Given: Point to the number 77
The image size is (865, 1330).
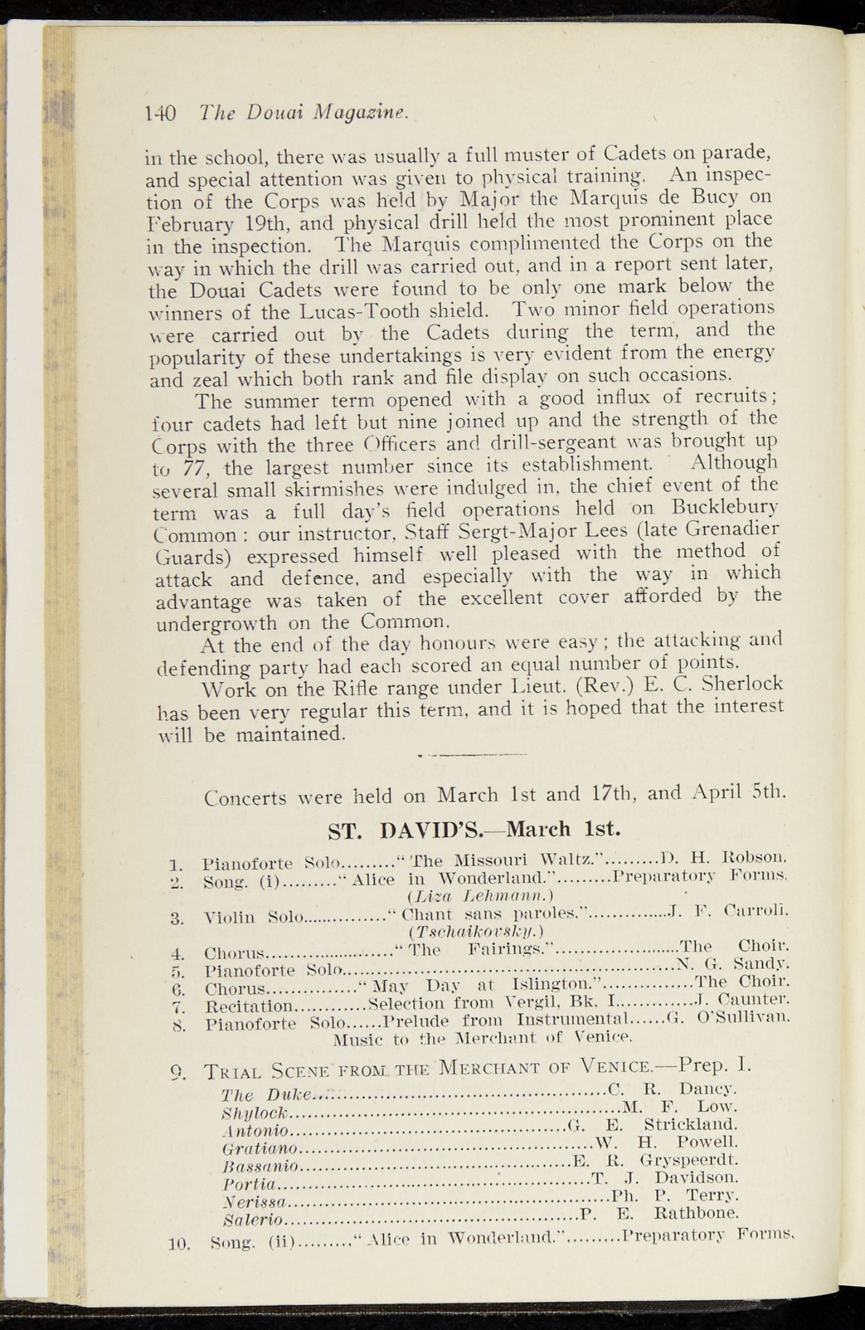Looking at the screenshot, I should tap(193, 467).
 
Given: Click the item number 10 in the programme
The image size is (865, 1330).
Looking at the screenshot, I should tap(177, 1244).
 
